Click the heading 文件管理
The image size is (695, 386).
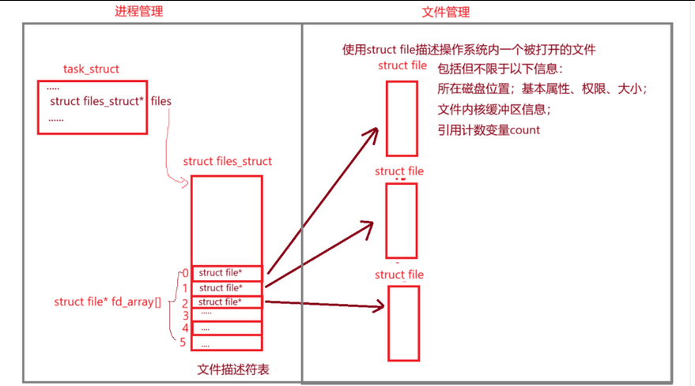[x=446, y=11]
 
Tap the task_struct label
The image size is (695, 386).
[x=91, y=69]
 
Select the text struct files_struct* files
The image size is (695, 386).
[x=110, y=101]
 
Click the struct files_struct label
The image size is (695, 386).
[x=227, y=161]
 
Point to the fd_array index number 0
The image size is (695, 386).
[x=184, y=274]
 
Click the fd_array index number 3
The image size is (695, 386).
[x=184, y=315]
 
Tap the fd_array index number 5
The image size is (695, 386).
[x=184, y=343]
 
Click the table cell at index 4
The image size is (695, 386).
[x=226, y=328]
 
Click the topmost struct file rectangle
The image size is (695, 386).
[x=402, y=118]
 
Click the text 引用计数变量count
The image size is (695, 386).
[x=489, y=129]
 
